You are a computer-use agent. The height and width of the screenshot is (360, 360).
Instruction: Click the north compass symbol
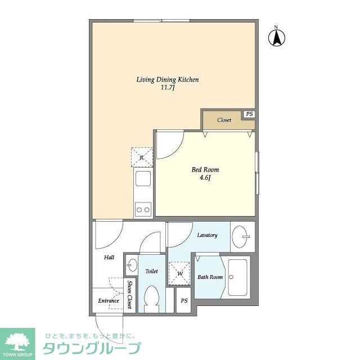coord(277,37)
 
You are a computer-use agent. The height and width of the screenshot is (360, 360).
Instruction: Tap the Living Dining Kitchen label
coord(168,79)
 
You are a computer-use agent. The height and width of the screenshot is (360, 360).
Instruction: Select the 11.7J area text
coord(168,88)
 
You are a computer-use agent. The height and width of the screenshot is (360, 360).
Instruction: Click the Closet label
coord(224,120)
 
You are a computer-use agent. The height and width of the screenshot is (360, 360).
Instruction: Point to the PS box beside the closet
coord(249,114)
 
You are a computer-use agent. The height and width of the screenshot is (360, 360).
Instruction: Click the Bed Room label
coord(205,169)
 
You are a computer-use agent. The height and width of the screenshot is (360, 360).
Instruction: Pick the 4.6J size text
coord(205,178)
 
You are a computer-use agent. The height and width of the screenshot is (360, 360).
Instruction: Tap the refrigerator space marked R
coord(142,157)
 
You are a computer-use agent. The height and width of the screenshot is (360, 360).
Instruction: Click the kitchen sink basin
coord(142,181)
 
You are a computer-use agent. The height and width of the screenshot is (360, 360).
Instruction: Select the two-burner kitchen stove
coord(142,210)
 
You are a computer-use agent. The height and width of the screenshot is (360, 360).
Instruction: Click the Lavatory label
coord(207,235)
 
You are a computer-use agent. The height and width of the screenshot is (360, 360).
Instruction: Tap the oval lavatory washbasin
coord(241,236)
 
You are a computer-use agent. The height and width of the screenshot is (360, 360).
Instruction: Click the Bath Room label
coord(210,277)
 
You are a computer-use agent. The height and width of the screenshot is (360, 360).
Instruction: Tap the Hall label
coord(109,257)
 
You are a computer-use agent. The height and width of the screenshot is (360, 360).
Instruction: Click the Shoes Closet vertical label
coord(129,294)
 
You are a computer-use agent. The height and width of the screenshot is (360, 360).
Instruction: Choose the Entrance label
coord(108,301)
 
